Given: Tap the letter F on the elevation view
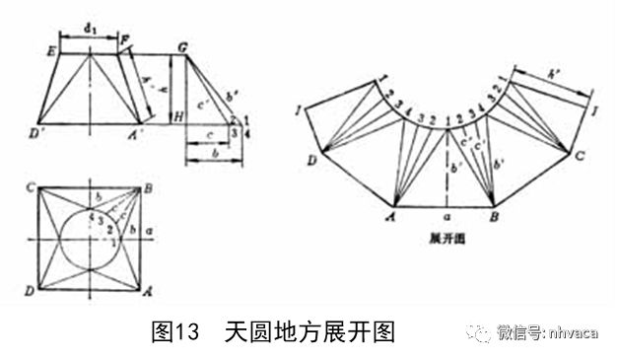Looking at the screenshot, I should pyautogui.click(x=125, y=40).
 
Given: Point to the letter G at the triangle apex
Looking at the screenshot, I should pyautogui.click(x=182, y=47).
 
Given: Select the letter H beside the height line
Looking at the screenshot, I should pyautogui.click(x=177, y=117).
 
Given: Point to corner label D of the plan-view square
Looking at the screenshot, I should pyautogui.click(x=31, y=291).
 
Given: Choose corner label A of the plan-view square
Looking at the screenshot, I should pyautogui.click(x=149, y=292).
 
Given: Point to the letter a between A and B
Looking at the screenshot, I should pyautogui.click(x=448, y=212).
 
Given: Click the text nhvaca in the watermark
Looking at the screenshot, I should pyautogui.click(x=574, y=332).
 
